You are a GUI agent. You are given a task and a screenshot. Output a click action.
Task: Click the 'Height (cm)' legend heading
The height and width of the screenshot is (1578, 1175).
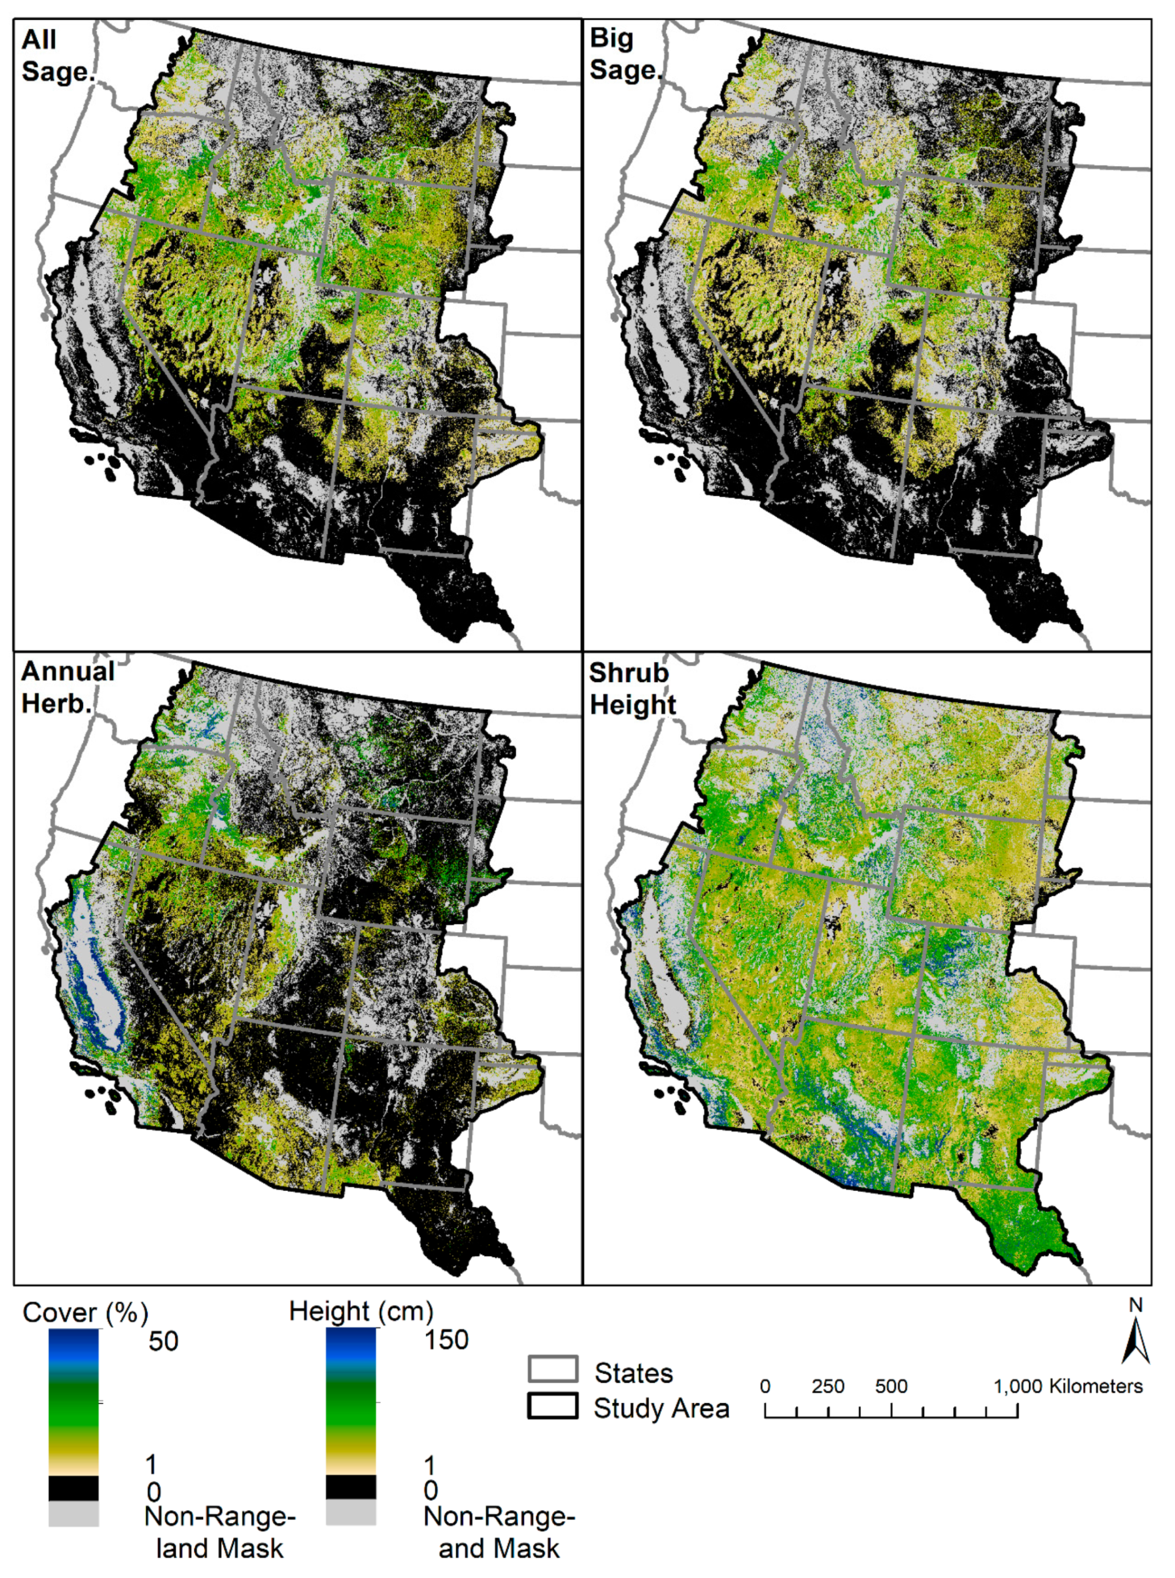360,1311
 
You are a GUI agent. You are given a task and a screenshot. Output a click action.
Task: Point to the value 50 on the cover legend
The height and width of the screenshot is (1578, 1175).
163,1342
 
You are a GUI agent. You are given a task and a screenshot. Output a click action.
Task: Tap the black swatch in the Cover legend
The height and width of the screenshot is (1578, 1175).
73,1489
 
